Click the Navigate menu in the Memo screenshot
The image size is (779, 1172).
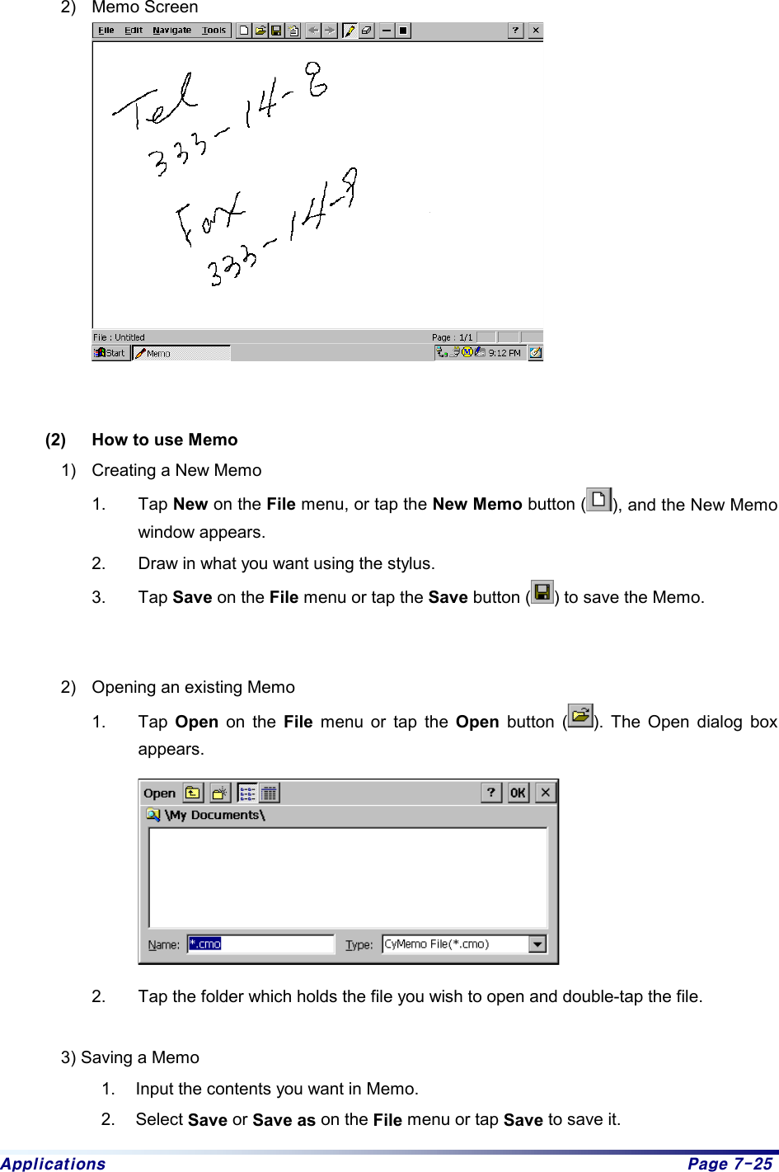coord(171,31)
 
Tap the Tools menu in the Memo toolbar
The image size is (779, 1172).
coord(214,31)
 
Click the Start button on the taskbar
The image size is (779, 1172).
coord(110,353)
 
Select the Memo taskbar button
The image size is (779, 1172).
coord(181,353)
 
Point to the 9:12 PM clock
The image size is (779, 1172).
coord(504,353)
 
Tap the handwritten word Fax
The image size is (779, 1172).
coord(209,217)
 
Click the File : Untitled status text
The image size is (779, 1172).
coord(119,337)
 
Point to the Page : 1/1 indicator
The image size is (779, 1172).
coord(452,337)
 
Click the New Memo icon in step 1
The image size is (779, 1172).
coord(599,500)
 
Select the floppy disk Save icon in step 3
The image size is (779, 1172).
coord(542,592)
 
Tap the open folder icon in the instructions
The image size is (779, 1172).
coord(580,716)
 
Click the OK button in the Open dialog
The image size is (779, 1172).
coord(518,793)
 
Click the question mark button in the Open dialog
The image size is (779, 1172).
coord(491,793)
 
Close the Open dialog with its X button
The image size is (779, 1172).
coord(545,793)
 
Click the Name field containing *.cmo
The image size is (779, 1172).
coord(260,944)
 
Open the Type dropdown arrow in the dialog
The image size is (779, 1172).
coord(537,944)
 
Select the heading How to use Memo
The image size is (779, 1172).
coord(165,440)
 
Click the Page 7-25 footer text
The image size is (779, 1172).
coord(730,1163)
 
